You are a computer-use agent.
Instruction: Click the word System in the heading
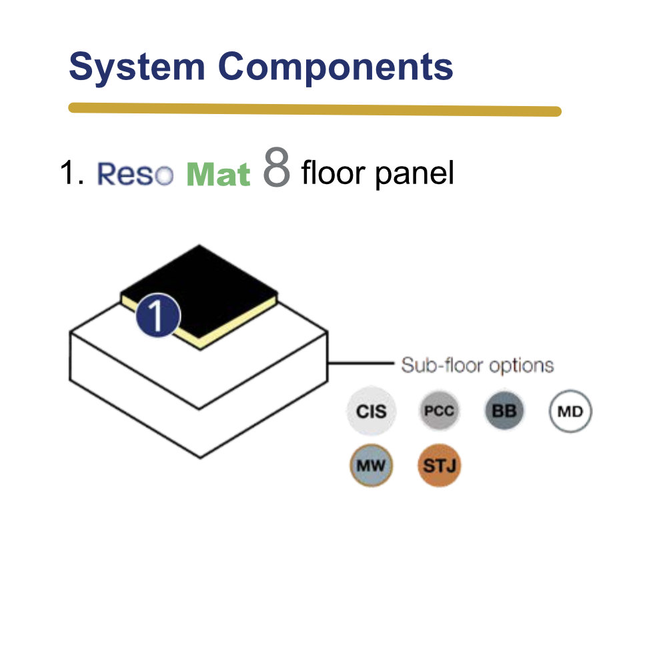tap(137, 66)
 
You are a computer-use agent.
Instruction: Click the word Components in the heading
tap(336, 66)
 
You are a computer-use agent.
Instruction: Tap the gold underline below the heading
tap(315, 109)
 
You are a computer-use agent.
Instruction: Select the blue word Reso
tap(135, 173)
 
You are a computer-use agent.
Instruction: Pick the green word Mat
tap(218, 174)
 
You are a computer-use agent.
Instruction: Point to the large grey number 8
tap(277, 167)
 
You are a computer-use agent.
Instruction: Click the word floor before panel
tap(333, 172)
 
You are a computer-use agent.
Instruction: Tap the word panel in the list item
tap(415, 173)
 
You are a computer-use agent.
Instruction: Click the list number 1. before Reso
tap(71, 173)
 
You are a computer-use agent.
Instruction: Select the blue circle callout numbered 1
tap(158, 315)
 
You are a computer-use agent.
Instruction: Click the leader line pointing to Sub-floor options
tap(361, 364)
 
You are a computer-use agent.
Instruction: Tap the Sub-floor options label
tap(478, 366)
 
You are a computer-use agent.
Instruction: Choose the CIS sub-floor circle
tap(372, 411)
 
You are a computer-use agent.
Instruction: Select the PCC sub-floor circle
tap(439, 411)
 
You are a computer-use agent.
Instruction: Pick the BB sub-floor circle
tap(504, 411)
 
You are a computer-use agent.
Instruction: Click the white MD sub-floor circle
tap(570, 412)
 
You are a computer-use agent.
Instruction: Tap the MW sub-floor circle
tap(371, 466)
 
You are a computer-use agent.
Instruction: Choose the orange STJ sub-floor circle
tap(439, 466)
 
